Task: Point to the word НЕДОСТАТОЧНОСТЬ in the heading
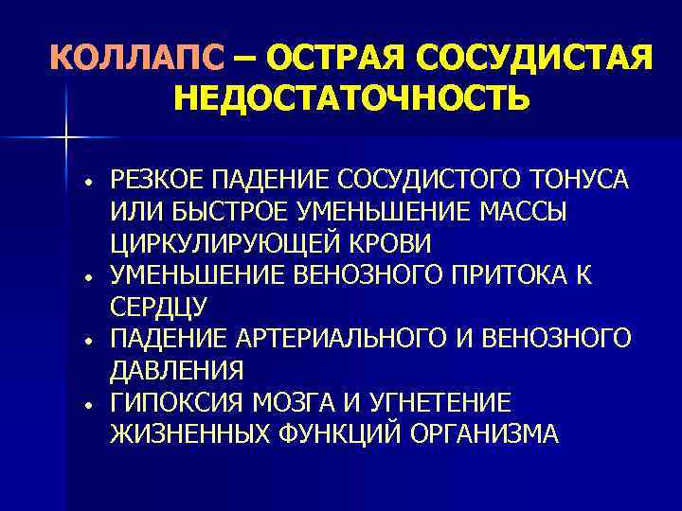click(x=351, y=97)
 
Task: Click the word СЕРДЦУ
click(x=158, y=308)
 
